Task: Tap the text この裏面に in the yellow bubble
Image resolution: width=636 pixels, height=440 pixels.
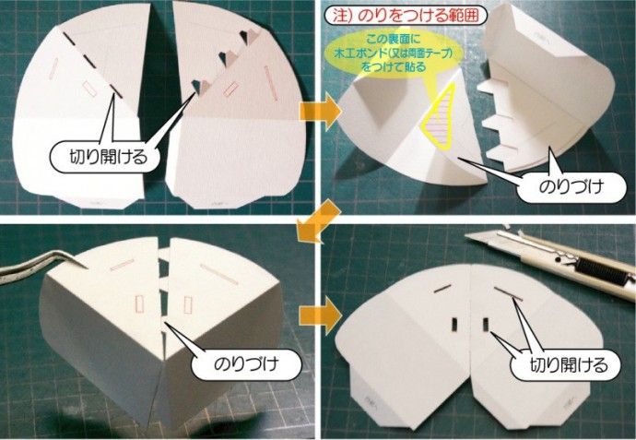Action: pos(394,40)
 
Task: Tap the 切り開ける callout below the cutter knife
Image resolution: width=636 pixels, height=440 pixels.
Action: pos(565,365)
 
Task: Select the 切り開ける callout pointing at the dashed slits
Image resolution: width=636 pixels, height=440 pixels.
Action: pos(104,157)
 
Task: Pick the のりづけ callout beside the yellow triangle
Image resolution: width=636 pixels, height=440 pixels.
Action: pos(571,187)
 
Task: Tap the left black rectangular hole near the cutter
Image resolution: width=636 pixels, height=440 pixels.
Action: pos(454,324)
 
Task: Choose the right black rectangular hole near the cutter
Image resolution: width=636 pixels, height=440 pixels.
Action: pos(486,324)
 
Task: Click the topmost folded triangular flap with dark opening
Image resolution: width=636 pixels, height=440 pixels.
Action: pos(248,38)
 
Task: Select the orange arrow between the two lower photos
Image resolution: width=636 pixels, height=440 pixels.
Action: pos(320,316)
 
